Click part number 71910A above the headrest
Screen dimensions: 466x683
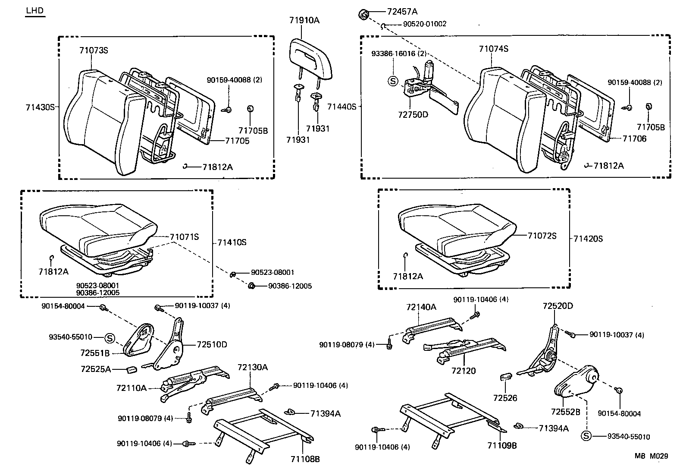pos(304,20)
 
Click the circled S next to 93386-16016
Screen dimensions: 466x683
pos(392,81)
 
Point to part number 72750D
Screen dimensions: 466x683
pos(413,115)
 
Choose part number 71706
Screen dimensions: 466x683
pos(634,139)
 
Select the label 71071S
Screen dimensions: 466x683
pos(184,236)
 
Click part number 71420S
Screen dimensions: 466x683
pos(588,239)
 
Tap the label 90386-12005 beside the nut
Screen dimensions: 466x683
pos(290,286)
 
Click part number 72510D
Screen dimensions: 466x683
pos(212,344)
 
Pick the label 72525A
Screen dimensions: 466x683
pos(96,369)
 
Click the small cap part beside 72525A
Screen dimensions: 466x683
pos(132,369)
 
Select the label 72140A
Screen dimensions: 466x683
pos(421,307)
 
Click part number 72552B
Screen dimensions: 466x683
pos(565,412)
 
